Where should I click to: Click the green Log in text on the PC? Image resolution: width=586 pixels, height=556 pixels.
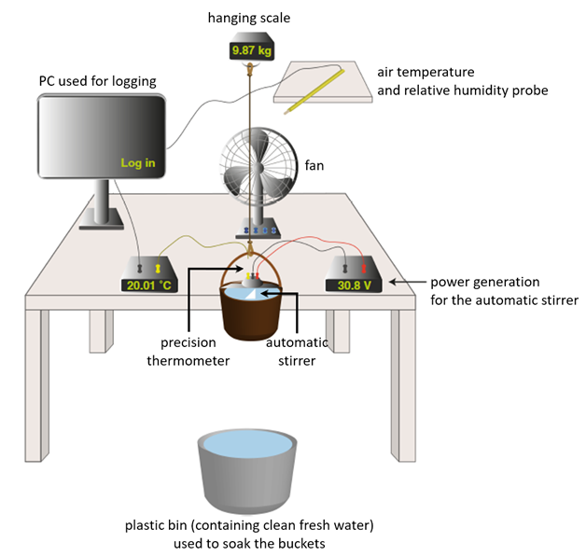137,163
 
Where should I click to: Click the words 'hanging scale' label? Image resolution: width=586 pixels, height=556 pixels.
248,16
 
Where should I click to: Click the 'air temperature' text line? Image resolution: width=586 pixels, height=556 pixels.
426,72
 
